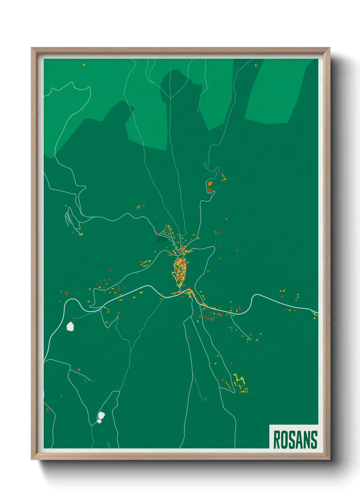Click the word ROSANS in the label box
click(295, 440)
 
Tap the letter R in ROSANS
click(277, 440)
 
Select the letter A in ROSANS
click(299, 440)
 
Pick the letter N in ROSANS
click(307, 440)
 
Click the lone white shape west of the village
click(70, 326)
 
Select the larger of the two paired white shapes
click(101, 415)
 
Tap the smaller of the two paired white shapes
click(99, 421)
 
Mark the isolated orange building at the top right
click(256, 65)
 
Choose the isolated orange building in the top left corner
click(84, 64)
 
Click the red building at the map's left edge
click(48, 410)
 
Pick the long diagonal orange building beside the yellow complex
click(228, 385)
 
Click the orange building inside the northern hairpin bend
click(210, 184)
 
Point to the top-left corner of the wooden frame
click(32, 48)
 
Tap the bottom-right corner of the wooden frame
click(329, 459)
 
